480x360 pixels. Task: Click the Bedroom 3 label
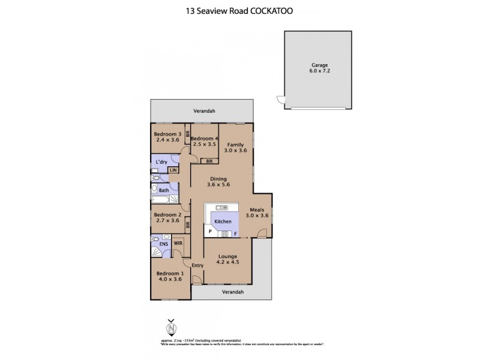[x=167, y=134]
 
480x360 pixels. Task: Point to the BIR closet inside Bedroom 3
[x=188, y=135]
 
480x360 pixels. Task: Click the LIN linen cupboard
[x=173, y=170]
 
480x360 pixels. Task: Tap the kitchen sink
[x=220, y=208]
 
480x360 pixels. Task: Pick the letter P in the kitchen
[x=210, y=232]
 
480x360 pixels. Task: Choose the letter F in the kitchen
[x=235, y=233]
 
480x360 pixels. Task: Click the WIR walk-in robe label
[x=178, y=244]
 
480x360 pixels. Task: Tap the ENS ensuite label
[x=163, y=244]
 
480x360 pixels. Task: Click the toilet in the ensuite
[x=155, y=244]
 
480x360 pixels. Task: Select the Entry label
[x=199, y=265]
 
